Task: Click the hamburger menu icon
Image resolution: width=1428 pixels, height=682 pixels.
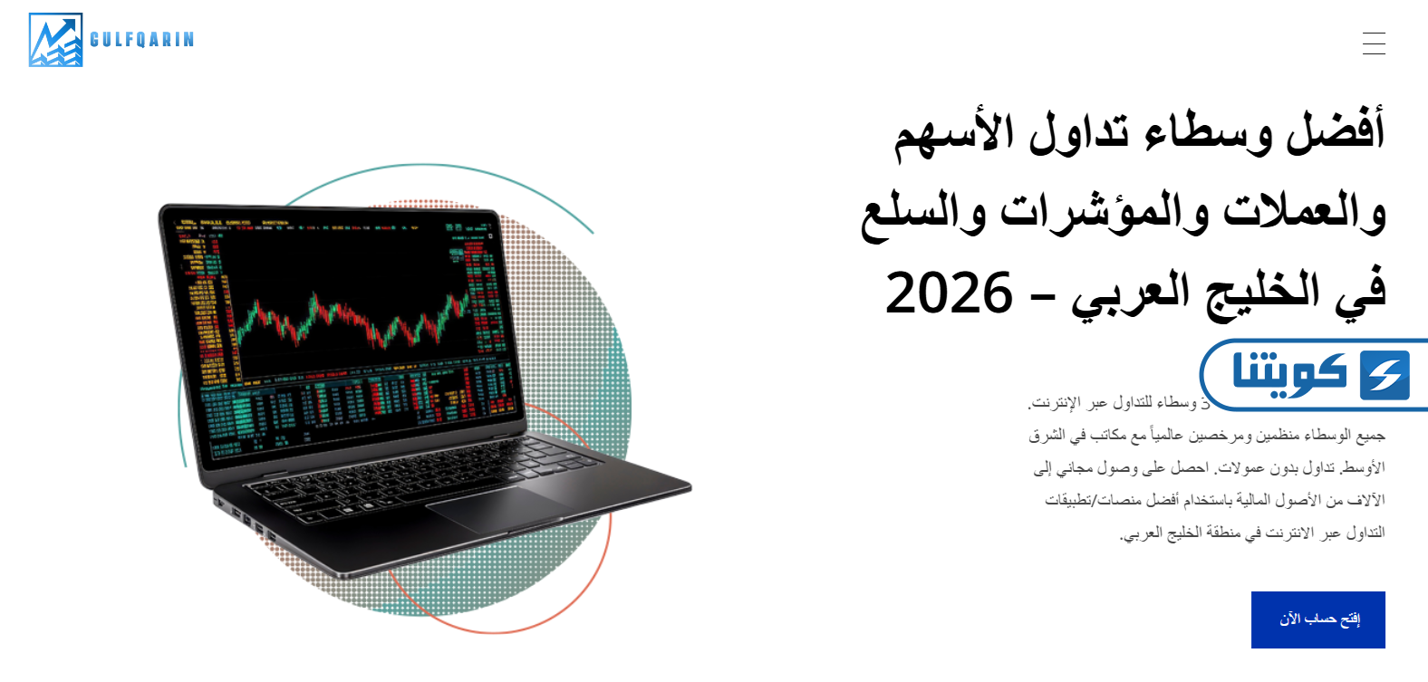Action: [x=1374, y=43]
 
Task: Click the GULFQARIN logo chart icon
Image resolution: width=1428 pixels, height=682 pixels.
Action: [x=55, y=40]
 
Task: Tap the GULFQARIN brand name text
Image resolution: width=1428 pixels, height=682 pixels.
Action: [x=142, y=40]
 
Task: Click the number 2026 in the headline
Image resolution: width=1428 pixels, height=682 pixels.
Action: [x=949, y=293]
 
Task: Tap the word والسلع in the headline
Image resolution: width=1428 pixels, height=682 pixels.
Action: [x=923, y=214]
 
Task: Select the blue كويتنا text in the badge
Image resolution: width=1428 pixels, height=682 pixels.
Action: [x=1289, y=373]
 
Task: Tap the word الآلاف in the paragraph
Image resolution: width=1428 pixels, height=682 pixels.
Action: [x=1366, y=500]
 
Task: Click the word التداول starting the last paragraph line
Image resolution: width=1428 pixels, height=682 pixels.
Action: [x=1365, y=533]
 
